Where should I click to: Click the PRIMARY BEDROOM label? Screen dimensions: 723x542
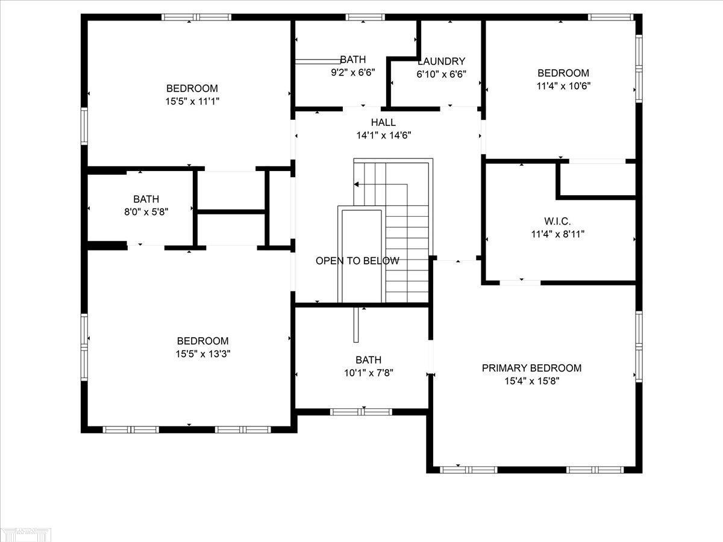531,368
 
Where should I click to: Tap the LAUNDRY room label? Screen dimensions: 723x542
442,61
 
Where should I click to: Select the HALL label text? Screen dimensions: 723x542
383,122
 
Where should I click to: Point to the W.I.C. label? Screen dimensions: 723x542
558,221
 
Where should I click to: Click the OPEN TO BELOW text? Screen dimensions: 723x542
357,261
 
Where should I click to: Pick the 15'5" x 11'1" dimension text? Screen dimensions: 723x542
192,101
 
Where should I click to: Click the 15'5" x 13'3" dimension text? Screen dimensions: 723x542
203,354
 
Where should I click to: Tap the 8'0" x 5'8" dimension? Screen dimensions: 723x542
146,212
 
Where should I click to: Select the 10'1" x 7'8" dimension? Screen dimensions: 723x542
369,373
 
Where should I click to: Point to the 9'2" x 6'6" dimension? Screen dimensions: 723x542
353,72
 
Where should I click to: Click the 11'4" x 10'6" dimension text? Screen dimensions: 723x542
563,86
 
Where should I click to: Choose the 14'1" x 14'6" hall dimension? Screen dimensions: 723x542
384,135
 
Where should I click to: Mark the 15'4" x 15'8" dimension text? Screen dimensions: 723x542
532,381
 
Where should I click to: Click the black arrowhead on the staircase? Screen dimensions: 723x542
356,184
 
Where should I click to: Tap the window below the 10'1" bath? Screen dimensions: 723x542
361,412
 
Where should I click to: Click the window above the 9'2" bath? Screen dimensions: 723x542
365,17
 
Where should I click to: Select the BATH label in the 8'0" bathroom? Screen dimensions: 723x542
146,199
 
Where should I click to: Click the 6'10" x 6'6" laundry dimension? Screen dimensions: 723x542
442,74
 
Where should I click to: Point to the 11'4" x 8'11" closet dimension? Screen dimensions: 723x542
558,234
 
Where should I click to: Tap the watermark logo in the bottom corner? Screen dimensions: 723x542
26,534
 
